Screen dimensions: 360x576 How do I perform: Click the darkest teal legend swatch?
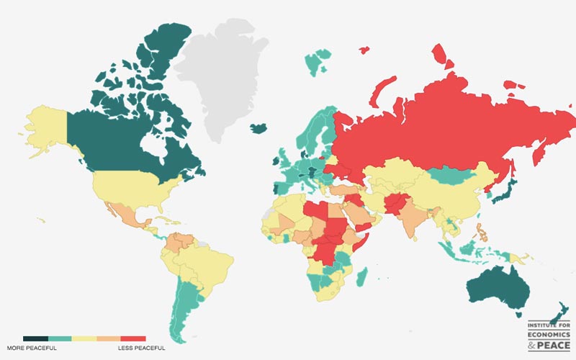click(x=35, y=338)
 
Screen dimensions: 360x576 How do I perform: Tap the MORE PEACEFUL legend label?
click(x=32, y=348)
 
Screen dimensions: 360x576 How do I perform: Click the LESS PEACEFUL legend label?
click(x=141, y=348)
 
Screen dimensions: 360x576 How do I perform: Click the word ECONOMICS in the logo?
click(x=549, y=335)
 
